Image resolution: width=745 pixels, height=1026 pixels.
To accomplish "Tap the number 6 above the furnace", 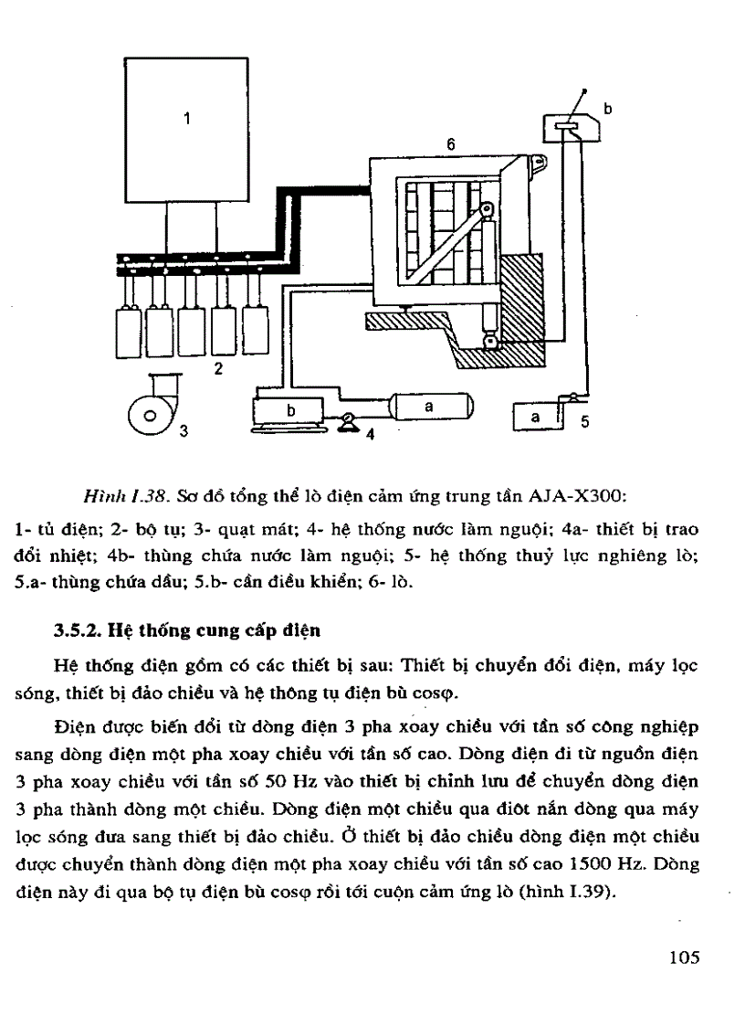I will point(451,144).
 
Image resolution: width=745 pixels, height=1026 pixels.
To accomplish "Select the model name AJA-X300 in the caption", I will point(572,497).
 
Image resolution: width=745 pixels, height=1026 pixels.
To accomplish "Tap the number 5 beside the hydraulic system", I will point(585,422).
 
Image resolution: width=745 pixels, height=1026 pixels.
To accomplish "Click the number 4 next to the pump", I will point(370,434).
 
